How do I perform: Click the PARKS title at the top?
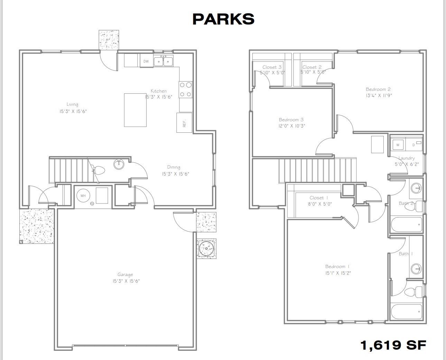point(223,19)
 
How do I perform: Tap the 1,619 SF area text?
point(393,344)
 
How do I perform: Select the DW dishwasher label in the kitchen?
point(146,61)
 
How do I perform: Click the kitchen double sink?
point(164,61)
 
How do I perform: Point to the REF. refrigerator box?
point(184,122)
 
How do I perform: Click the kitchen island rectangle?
point(135,110)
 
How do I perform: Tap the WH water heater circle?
point(83,196)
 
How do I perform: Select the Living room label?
point(72,104)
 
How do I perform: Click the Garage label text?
point(125,275)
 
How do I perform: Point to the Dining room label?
point(174,167)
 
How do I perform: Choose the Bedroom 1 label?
point(337,266)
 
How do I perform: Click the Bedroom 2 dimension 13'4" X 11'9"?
point(379,95)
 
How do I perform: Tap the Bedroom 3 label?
point(291,120)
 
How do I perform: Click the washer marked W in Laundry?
point(398,145)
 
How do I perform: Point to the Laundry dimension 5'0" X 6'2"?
point(407,164)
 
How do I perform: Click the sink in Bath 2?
point(416,188)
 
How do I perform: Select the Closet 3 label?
point(272,67)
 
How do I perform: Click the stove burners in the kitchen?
point(185,89)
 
